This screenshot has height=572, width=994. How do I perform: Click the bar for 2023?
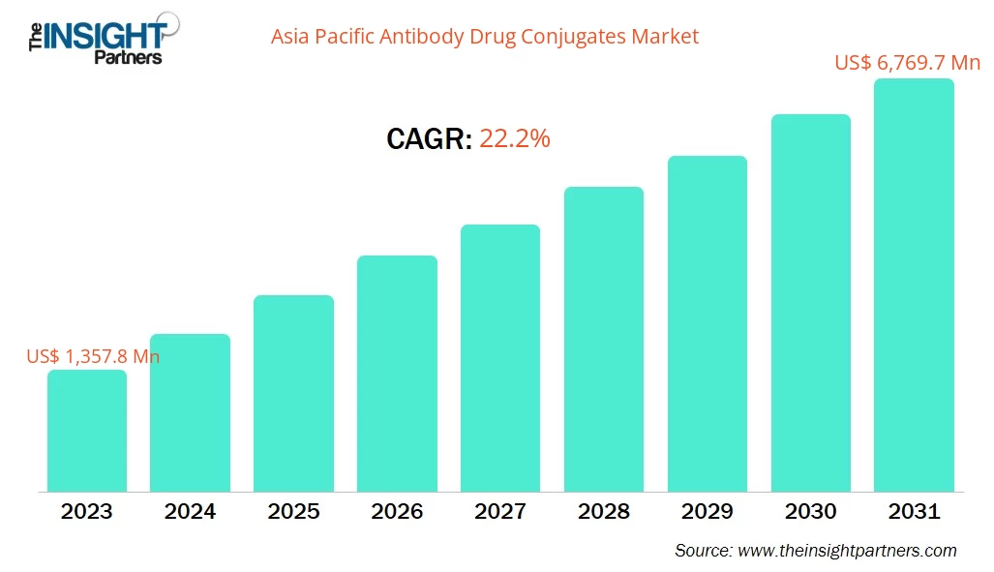87,431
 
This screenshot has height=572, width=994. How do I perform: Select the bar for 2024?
190,412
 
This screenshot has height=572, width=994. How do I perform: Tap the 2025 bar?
293,393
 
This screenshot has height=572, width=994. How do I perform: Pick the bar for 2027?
500,358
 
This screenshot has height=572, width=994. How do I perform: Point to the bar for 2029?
708,323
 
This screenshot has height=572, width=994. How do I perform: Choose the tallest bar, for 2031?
914,285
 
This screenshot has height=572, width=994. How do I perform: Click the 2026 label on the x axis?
397,511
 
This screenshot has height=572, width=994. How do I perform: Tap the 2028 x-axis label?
604,511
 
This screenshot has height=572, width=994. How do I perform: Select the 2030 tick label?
810,511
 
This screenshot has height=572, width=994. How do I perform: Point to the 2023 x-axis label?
87,511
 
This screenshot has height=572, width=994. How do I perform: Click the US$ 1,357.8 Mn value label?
93,356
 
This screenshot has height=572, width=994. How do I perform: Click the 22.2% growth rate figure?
515,139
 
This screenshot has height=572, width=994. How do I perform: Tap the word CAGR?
429,139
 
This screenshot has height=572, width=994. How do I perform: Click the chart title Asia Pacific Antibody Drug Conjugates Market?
484,37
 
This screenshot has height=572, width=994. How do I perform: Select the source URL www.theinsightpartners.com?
847,551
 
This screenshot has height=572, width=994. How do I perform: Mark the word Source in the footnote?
703,551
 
